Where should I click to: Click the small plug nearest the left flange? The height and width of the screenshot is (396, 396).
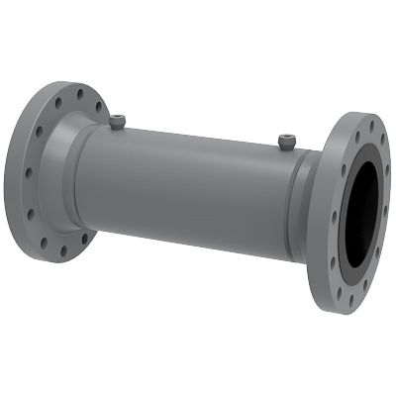(x=119, y=122)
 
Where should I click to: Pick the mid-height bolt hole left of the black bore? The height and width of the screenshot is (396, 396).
(x=335, y=214)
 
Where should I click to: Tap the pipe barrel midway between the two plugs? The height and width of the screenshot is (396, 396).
(x=203, y=139)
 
